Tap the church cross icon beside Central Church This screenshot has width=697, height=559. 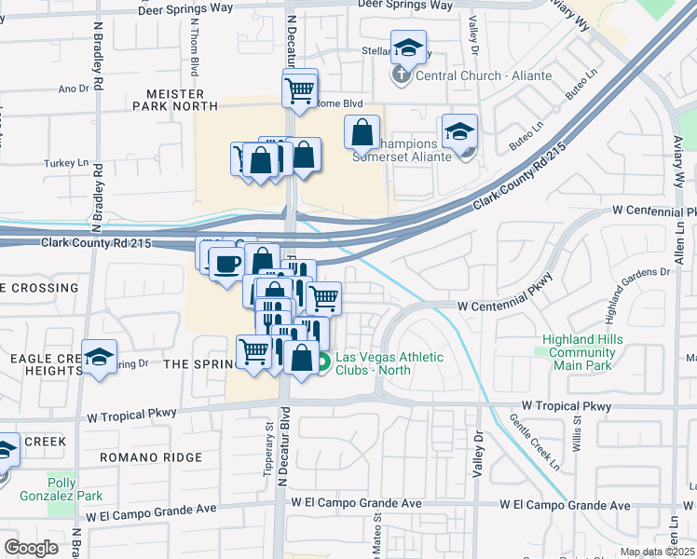coord(403,75)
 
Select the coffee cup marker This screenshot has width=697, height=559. coord(226,264)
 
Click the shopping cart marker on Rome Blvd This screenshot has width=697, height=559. coord(299,90)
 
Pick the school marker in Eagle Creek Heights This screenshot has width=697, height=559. coord(99,358)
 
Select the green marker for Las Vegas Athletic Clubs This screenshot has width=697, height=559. coord(323,363)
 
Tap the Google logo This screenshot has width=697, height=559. coord(31,547)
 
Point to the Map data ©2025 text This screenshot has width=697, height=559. coord(657,552)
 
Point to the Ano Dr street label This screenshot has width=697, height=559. coord(73,89)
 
